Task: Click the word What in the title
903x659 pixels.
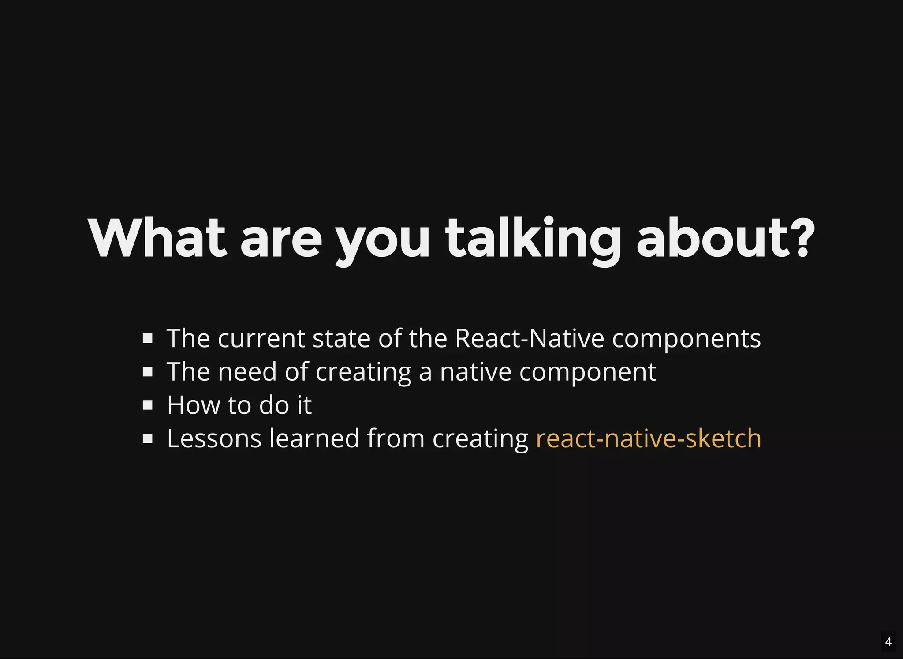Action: click(x=157, y=238)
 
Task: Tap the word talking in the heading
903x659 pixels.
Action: click(x=533, y=238)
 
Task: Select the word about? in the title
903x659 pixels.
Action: click(x=725, y=238)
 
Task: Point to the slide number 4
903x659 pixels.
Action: click(x=888, y=641)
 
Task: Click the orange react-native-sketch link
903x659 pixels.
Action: click(x=648, y=438)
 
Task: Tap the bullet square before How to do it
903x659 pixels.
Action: click(x=148, y=405)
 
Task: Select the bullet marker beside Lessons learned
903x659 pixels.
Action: click(x=148, y=438)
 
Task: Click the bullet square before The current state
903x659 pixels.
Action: click(x=148, y=338)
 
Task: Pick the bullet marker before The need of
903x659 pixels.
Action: click(x=148, y=372)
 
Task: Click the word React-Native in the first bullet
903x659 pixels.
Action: click(x=529, y=338)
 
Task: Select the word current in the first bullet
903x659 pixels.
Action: click(x=261, y=339)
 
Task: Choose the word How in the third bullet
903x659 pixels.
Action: click(x=194, y=405)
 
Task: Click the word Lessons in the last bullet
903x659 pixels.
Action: click(x=214, y=438)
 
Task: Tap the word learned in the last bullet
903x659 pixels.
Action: click(x=314, y=438)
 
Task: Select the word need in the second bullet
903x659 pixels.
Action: click(x=247, y=372)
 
